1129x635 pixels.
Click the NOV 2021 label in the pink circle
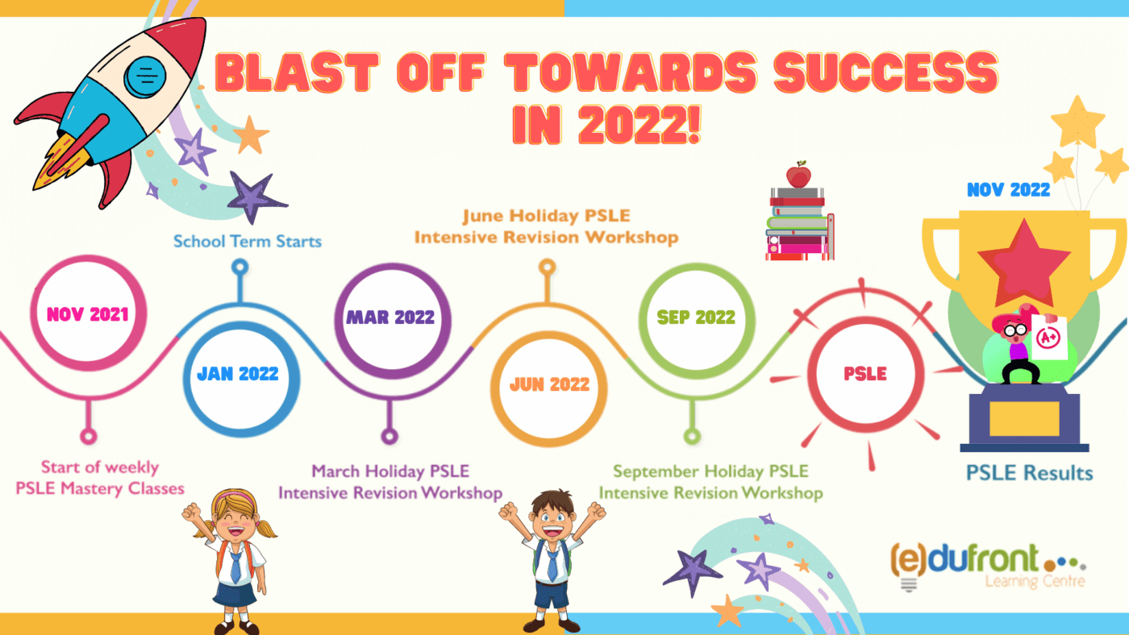(88, 314)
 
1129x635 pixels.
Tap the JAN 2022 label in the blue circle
(238, 374)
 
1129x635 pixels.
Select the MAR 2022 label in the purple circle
(390, 317)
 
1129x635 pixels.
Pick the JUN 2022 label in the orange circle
(549, 384)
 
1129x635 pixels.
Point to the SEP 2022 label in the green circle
(696, 317)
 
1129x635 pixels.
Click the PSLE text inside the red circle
(865, 374)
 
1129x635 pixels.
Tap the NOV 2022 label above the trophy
(1009, 190)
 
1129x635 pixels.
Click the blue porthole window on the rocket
(145, 76)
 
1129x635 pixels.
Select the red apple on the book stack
(799, 175)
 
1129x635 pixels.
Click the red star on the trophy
(1024, 264)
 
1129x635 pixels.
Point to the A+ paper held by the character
(1049, 338)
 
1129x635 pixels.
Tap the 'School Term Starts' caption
(248, 241)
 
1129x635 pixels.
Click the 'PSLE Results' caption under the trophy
(1029, 473)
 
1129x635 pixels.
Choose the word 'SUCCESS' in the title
(885, 73)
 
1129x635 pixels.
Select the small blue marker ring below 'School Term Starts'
(240, 267)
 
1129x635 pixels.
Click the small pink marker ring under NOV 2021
(89, 436)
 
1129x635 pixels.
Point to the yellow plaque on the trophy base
(1024, 419)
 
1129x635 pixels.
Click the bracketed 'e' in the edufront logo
(908, 559)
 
